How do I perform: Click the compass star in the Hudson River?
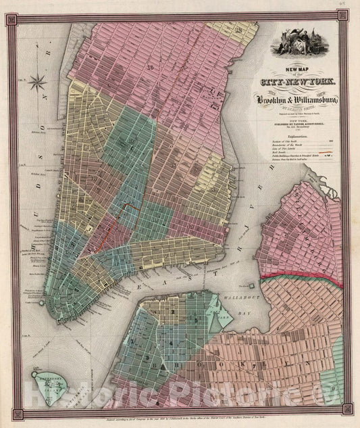pyautogui.click(x=38, y=83)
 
